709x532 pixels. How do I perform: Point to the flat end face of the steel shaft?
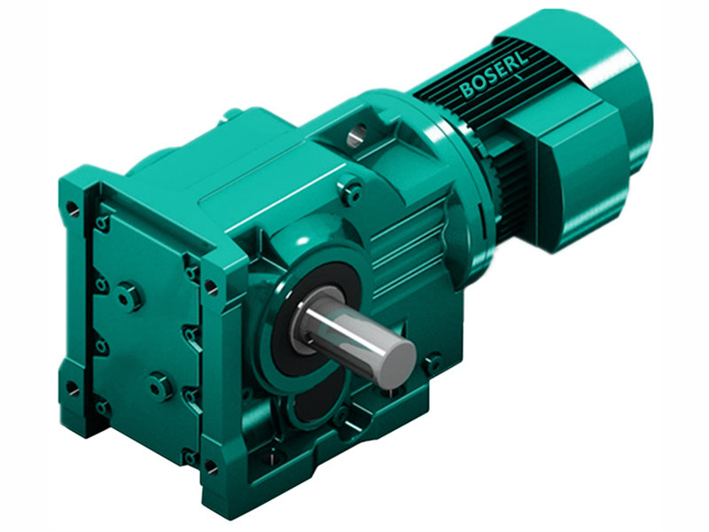coord(395,363)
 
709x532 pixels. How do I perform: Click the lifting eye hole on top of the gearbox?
coord(356,136)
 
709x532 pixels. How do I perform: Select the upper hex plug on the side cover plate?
coord(129,296)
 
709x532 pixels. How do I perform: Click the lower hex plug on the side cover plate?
coord(159,386)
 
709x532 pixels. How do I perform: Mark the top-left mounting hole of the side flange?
coord(72,210)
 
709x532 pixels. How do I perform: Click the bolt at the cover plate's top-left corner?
coord(103,223)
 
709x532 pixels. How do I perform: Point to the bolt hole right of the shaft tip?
coord(432,363)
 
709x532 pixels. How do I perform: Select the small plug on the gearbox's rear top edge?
coord(233,113)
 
